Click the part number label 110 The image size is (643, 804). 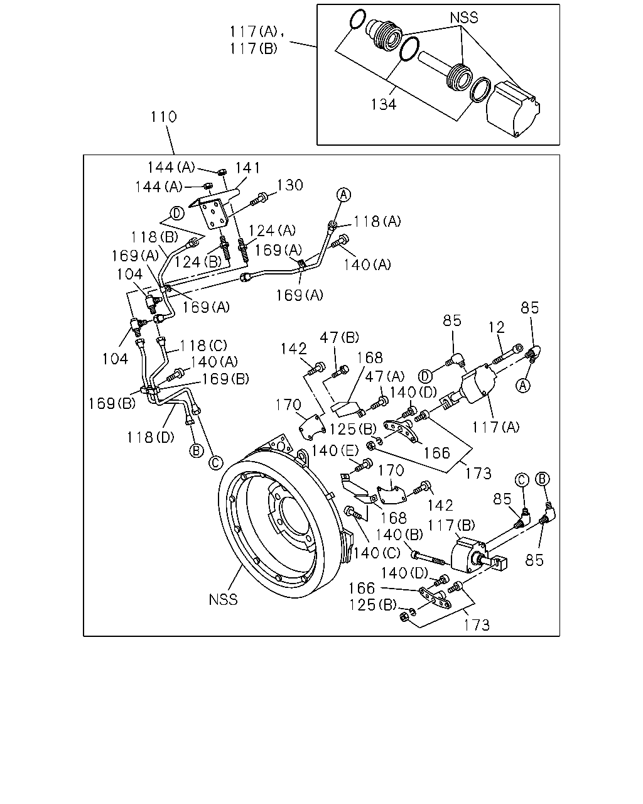pyautogui.click(x=163, y=117)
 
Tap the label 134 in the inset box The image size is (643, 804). pyautogui.click(x=383, y=104)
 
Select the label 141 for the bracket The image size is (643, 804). pyautogui.click(x=247, y=168)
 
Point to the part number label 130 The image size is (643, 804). pyautogui.click(x=290, y=185)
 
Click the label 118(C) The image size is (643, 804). pyautogui.click(x=203, y=345)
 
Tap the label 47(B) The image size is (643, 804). pyautogui.click(x=339, y=337)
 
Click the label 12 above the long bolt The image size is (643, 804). pyautogui.click(x=497, y=327)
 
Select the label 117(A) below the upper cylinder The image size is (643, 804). pyautogui.click(x=496, y=426)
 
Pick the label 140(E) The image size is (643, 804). pyautogui.click(x=335, y=450)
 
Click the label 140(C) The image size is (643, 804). pyautogui.click(x=377, y=553)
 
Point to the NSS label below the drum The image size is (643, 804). pyautogui.click(x=223, y=599)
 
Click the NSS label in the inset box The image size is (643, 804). pyautogui.click(x=463, y=18)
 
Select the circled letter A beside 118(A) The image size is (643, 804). pyautogui.click(x=343, y=195)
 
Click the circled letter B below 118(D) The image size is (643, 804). pyautogui.click(x=197, y=450)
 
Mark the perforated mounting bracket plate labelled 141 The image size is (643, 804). pyautogui.click(x=213, y=214)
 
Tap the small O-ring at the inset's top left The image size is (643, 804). pyautogui.click(x=357, y=19)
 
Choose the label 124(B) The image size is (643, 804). pyautogui.click(x=198, y=262)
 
